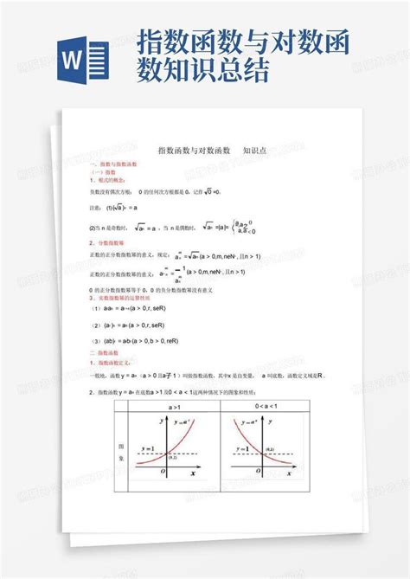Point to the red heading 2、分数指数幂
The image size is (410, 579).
coord(108,243)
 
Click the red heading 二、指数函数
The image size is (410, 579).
coord(106,355)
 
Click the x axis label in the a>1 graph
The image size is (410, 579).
coord(191,475)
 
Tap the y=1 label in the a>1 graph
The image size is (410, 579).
coord(144,447)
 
